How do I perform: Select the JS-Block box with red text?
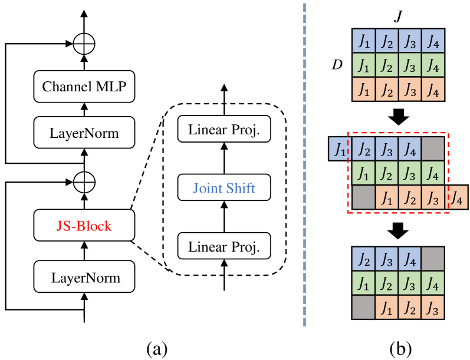tap(84, 226)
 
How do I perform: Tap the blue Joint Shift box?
tap(224, 189)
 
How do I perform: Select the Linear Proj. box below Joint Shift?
tap(224, 246)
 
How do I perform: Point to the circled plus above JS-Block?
tap(84, 179)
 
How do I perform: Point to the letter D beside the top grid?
tap(337, 64)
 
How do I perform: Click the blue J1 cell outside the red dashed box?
tap(340, 150)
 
